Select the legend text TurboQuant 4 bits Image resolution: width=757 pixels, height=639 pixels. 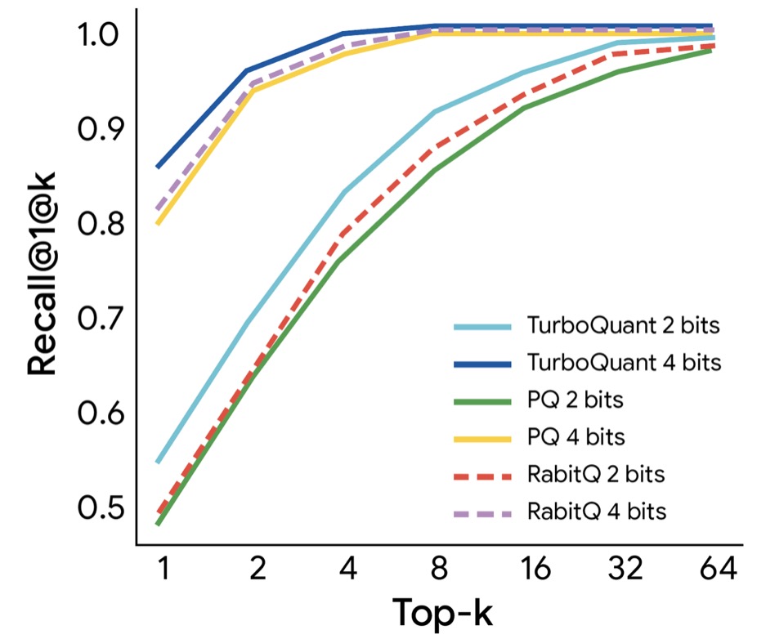tap(625, 362)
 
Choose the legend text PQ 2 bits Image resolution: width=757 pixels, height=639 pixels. tap(577, 400)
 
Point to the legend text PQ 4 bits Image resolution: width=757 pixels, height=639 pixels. tap(577, 437)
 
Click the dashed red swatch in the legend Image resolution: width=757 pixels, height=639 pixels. tap(482, 476)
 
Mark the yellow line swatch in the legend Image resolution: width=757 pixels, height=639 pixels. tap(482, 438)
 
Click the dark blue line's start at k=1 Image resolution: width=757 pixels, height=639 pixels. tap(158, 168)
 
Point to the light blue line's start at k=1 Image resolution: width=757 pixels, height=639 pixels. tap(158, 462)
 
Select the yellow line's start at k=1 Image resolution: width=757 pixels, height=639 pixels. tap(158, 223)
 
